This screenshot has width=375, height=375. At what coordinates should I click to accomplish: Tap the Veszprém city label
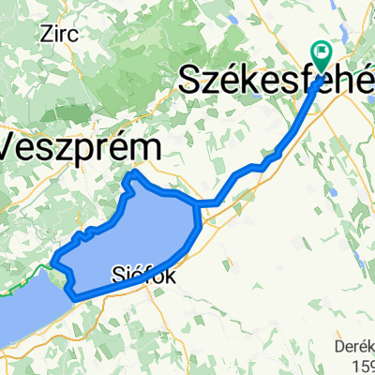pyautogui.click(x=80, y=147)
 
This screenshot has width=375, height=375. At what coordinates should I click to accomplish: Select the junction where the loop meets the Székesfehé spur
pyautogui.click(x=197, y=202)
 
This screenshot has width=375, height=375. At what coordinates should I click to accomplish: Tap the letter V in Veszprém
pyautogui.click(x=14, y=145)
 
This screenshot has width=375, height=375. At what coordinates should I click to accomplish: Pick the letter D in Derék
pyautogui.click(x=339, y=347)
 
